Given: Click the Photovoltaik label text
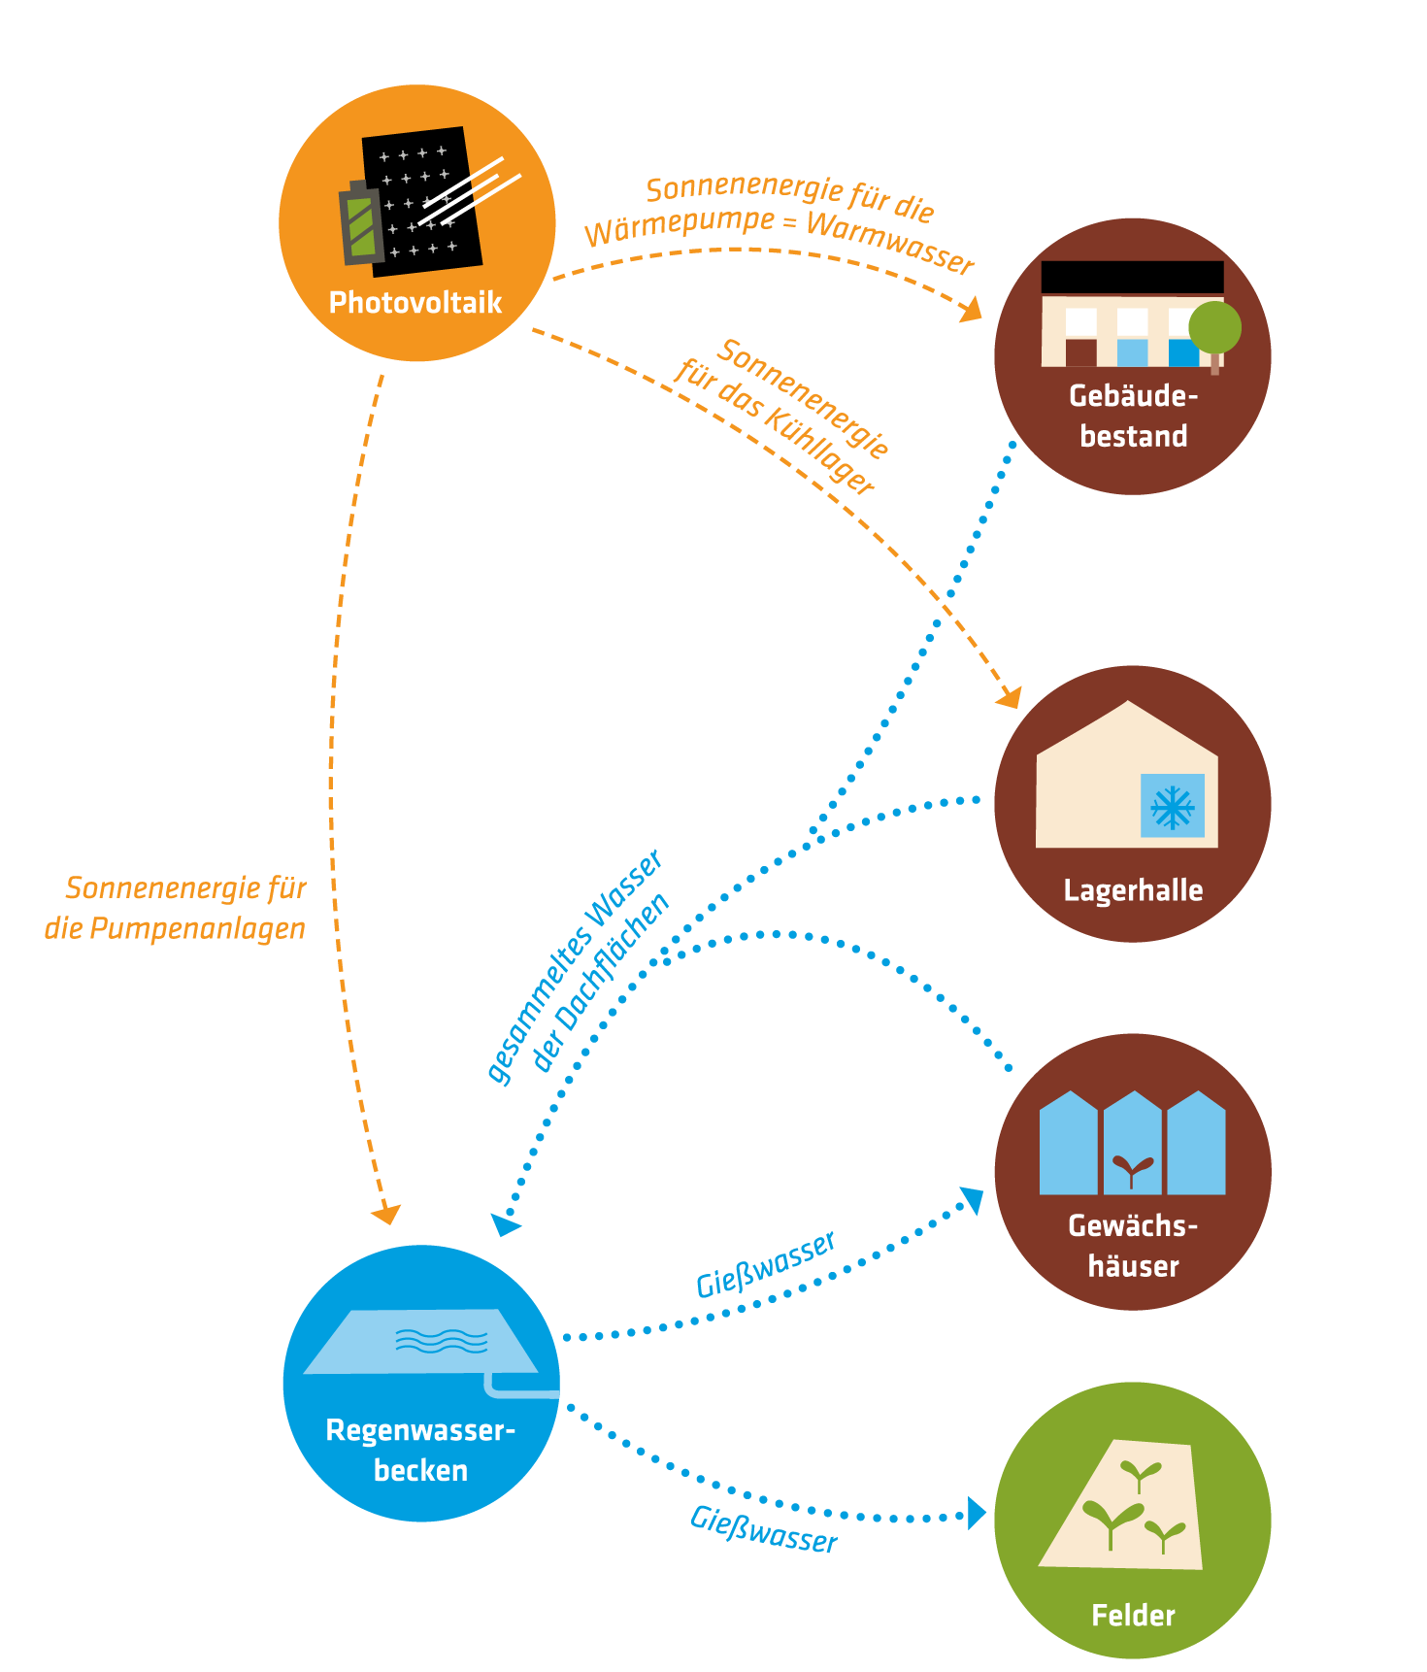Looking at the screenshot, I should (x=415, y=303).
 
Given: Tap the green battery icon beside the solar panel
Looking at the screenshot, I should (x=361, y=226).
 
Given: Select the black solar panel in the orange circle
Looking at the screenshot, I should (x=425, y=194).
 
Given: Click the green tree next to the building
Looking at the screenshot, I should (x=1214, y=327).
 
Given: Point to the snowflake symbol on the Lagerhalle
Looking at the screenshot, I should (x=1173, y=806).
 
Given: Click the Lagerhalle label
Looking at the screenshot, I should (x=1133, y=890).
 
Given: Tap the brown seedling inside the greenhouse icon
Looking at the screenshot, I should (x=1132, y=1168).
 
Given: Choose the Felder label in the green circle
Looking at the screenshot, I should (x=1133, y=1616).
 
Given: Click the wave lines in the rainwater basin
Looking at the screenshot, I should (x=442, y=1341).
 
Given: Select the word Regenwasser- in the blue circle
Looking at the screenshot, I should (x=419, y=1430).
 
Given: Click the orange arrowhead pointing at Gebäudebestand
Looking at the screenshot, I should (x=971, y=311).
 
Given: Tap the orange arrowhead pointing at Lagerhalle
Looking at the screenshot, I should (x=1010, y=696).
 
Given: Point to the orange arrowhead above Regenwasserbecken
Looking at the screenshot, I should (x=386, y=1214).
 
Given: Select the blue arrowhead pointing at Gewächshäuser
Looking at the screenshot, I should (x=972, y=1200).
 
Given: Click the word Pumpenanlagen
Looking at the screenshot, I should (x=197, y=929).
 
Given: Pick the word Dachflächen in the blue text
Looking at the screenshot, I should (x=601, y=981).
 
